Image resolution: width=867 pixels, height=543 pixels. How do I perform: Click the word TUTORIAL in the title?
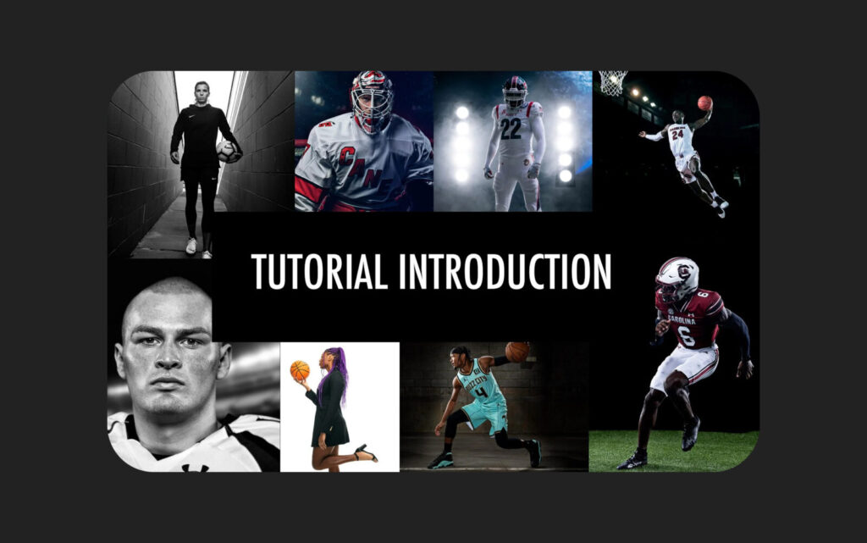(319, 271)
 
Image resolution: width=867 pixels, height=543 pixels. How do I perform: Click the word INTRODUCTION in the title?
(505, 271)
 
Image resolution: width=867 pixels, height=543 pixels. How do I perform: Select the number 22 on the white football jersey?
(511, 128)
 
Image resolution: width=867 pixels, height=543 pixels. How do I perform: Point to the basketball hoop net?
(613, 83)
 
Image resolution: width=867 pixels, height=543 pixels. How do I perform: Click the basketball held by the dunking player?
(704, 103)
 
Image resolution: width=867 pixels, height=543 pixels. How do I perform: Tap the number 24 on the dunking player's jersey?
(677, 134)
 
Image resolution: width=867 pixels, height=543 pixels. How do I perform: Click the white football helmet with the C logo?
(677, 277)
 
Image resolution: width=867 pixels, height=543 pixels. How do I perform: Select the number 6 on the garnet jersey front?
(686, 335)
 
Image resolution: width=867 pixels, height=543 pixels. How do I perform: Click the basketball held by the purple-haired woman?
(300, 370)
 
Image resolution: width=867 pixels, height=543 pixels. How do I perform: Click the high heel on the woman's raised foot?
(365, 453)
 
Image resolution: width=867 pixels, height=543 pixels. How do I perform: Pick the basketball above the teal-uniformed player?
(517, 352)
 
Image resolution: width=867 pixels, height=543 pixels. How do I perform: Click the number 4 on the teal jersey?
(482, 392)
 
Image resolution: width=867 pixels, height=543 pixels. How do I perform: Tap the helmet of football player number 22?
(515, 91)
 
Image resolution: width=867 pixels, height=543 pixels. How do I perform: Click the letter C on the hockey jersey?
(346, 157)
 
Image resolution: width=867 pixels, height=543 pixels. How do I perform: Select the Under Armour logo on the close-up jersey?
(196, 468)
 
